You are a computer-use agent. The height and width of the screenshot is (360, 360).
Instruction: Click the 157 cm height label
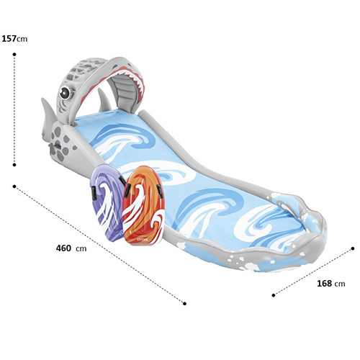(x=14, y=39)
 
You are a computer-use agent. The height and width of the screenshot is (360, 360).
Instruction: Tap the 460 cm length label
(x=71, y=248)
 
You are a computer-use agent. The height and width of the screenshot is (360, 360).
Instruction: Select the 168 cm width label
(x=331, y=284)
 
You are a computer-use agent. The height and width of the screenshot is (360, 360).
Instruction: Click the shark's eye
(x=65, y=92)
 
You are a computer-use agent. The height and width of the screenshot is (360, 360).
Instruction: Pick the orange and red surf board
(x=143, y=206)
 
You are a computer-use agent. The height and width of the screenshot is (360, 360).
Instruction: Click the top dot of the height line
(x=14, y=55)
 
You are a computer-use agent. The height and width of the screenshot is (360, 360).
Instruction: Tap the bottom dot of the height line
(x=14, y=165)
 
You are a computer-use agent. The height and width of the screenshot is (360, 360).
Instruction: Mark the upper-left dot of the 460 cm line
(x=14, y=186)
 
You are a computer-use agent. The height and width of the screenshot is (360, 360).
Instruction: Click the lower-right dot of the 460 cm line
(x=184, y=304)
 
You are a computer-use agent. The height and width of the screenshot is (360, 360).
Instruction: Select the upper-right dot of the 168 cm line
(x=353, y=248)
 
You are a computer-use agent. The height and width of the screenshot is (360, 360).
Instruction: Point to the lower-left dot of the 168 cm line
(x=274, y=295)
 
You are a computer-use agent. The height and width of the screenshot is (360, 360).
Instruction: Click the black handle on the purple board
(x=94, y=193)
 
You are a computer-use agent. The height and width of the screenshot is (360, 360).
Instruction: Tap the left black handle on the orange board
(x=127, y=189)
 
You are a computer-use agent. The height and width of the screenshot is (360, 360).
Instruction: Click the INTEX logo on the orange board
(x=143, y=239)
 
